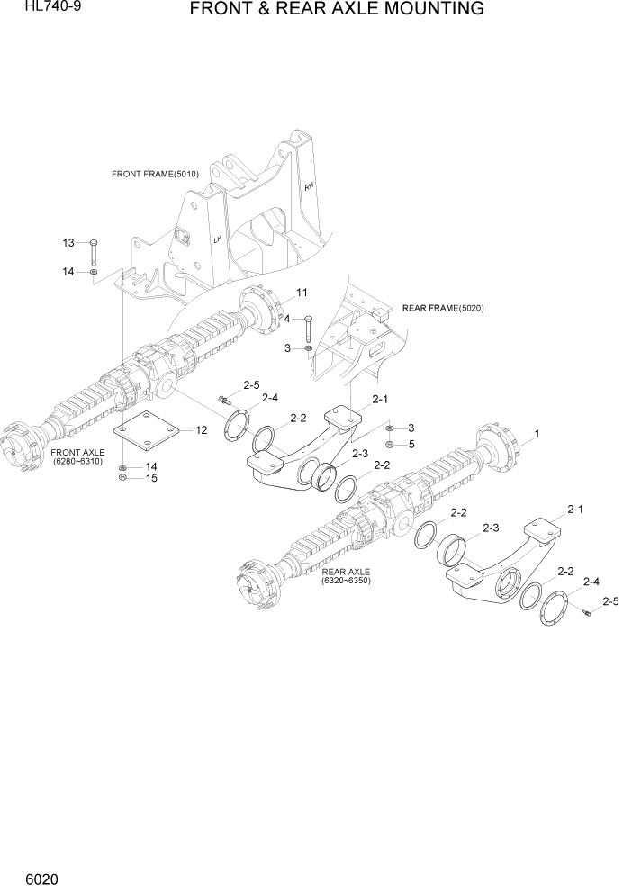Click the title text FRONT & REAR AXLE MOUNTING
click(x=337, y=10)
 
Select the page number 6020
click(x=26, y=875)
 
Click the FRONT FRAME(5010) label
click(x=155, y=173)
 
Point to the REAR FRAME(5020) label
click(x=443, y=308)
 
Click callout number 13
click(x=68, y=243)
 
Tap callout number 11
click(x=302, y=293)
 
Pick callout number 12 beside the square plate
click(x=201, y=431)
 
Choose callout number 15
click(x=152, y=478)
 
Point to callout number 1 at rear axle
click(x=537, y=434)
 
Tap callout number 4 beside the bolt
click(x=287, y=319)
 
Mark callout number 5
click(x=411, y=444)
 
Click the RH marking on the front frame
click(x=308, y=187)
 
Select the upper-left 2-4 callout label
click(x=270, y=397)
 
